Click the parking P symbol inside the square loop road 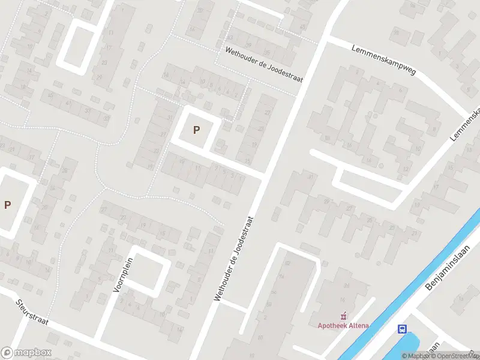pos(196,130)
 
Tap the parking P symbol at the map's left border pos(7,205)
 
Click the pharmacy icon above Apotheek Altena pos(343,316)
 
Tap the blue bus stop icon pos(402,329)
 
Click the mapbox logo pos(26,352)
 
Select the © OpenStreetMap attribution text pos(457,356)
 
